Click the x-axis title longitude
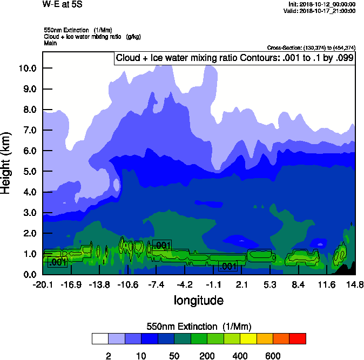(198, 300)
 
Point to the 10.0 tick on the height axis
(27, 68)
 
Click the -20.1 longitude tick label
(42, 284)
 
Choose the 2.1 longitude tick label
(241, 284)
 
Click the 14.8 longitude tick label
(355, 284)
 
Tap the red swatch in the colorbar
(298, 339)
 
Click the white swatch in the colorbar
(100, 339)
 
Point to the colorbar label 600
(273, 356)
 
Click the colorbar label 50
(174, 356)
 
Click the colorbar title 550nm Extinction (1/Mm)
(199, 327)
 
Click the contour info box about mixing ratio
(234, 58)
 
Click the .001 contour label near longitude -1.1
(227, 266)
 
